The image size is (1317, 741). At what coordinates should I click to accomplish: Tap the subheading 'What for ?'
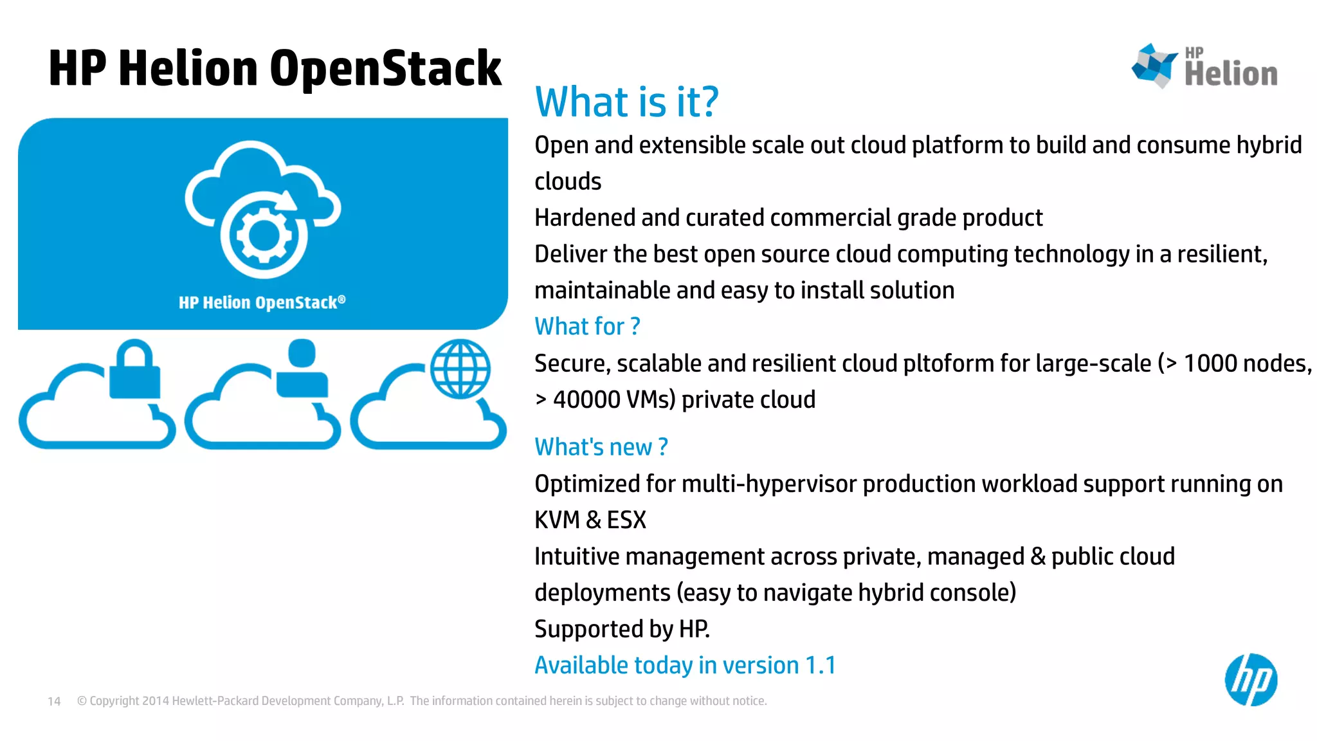(587, 327)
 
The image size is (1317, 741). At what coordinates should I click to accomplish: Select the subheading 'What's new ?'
(601, 447)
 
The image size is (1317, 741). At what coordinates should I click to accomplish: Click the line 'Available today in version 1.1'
(685, 665)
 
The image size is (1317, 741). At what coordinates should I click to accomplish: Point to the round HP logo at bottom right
(1250, 680)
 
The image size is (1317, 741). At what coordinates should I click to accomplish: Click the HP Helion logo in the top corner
(1204, 66)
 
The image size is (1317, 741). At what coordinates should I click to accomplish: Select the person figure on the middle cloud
(302, 369)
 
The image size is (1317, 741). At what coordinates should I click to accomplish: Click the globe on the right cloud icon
(460, 369)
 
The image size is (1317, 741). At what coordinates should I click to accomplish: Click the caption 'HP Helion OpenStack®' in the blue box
(262, 302)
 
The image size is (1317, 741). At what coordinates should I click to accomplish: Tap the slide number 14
(54, 701)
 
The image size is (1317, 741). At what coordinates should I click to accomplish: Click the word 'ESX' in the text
(626, 520)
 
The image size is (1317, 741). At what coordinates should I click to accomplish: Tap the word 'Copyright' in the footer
(114, 701)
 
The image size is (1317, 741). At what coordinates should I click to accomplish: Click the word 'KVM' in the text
(557, 520)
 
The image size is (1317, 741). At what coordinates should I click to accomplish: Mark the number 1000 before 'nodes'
(1210, 364)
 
